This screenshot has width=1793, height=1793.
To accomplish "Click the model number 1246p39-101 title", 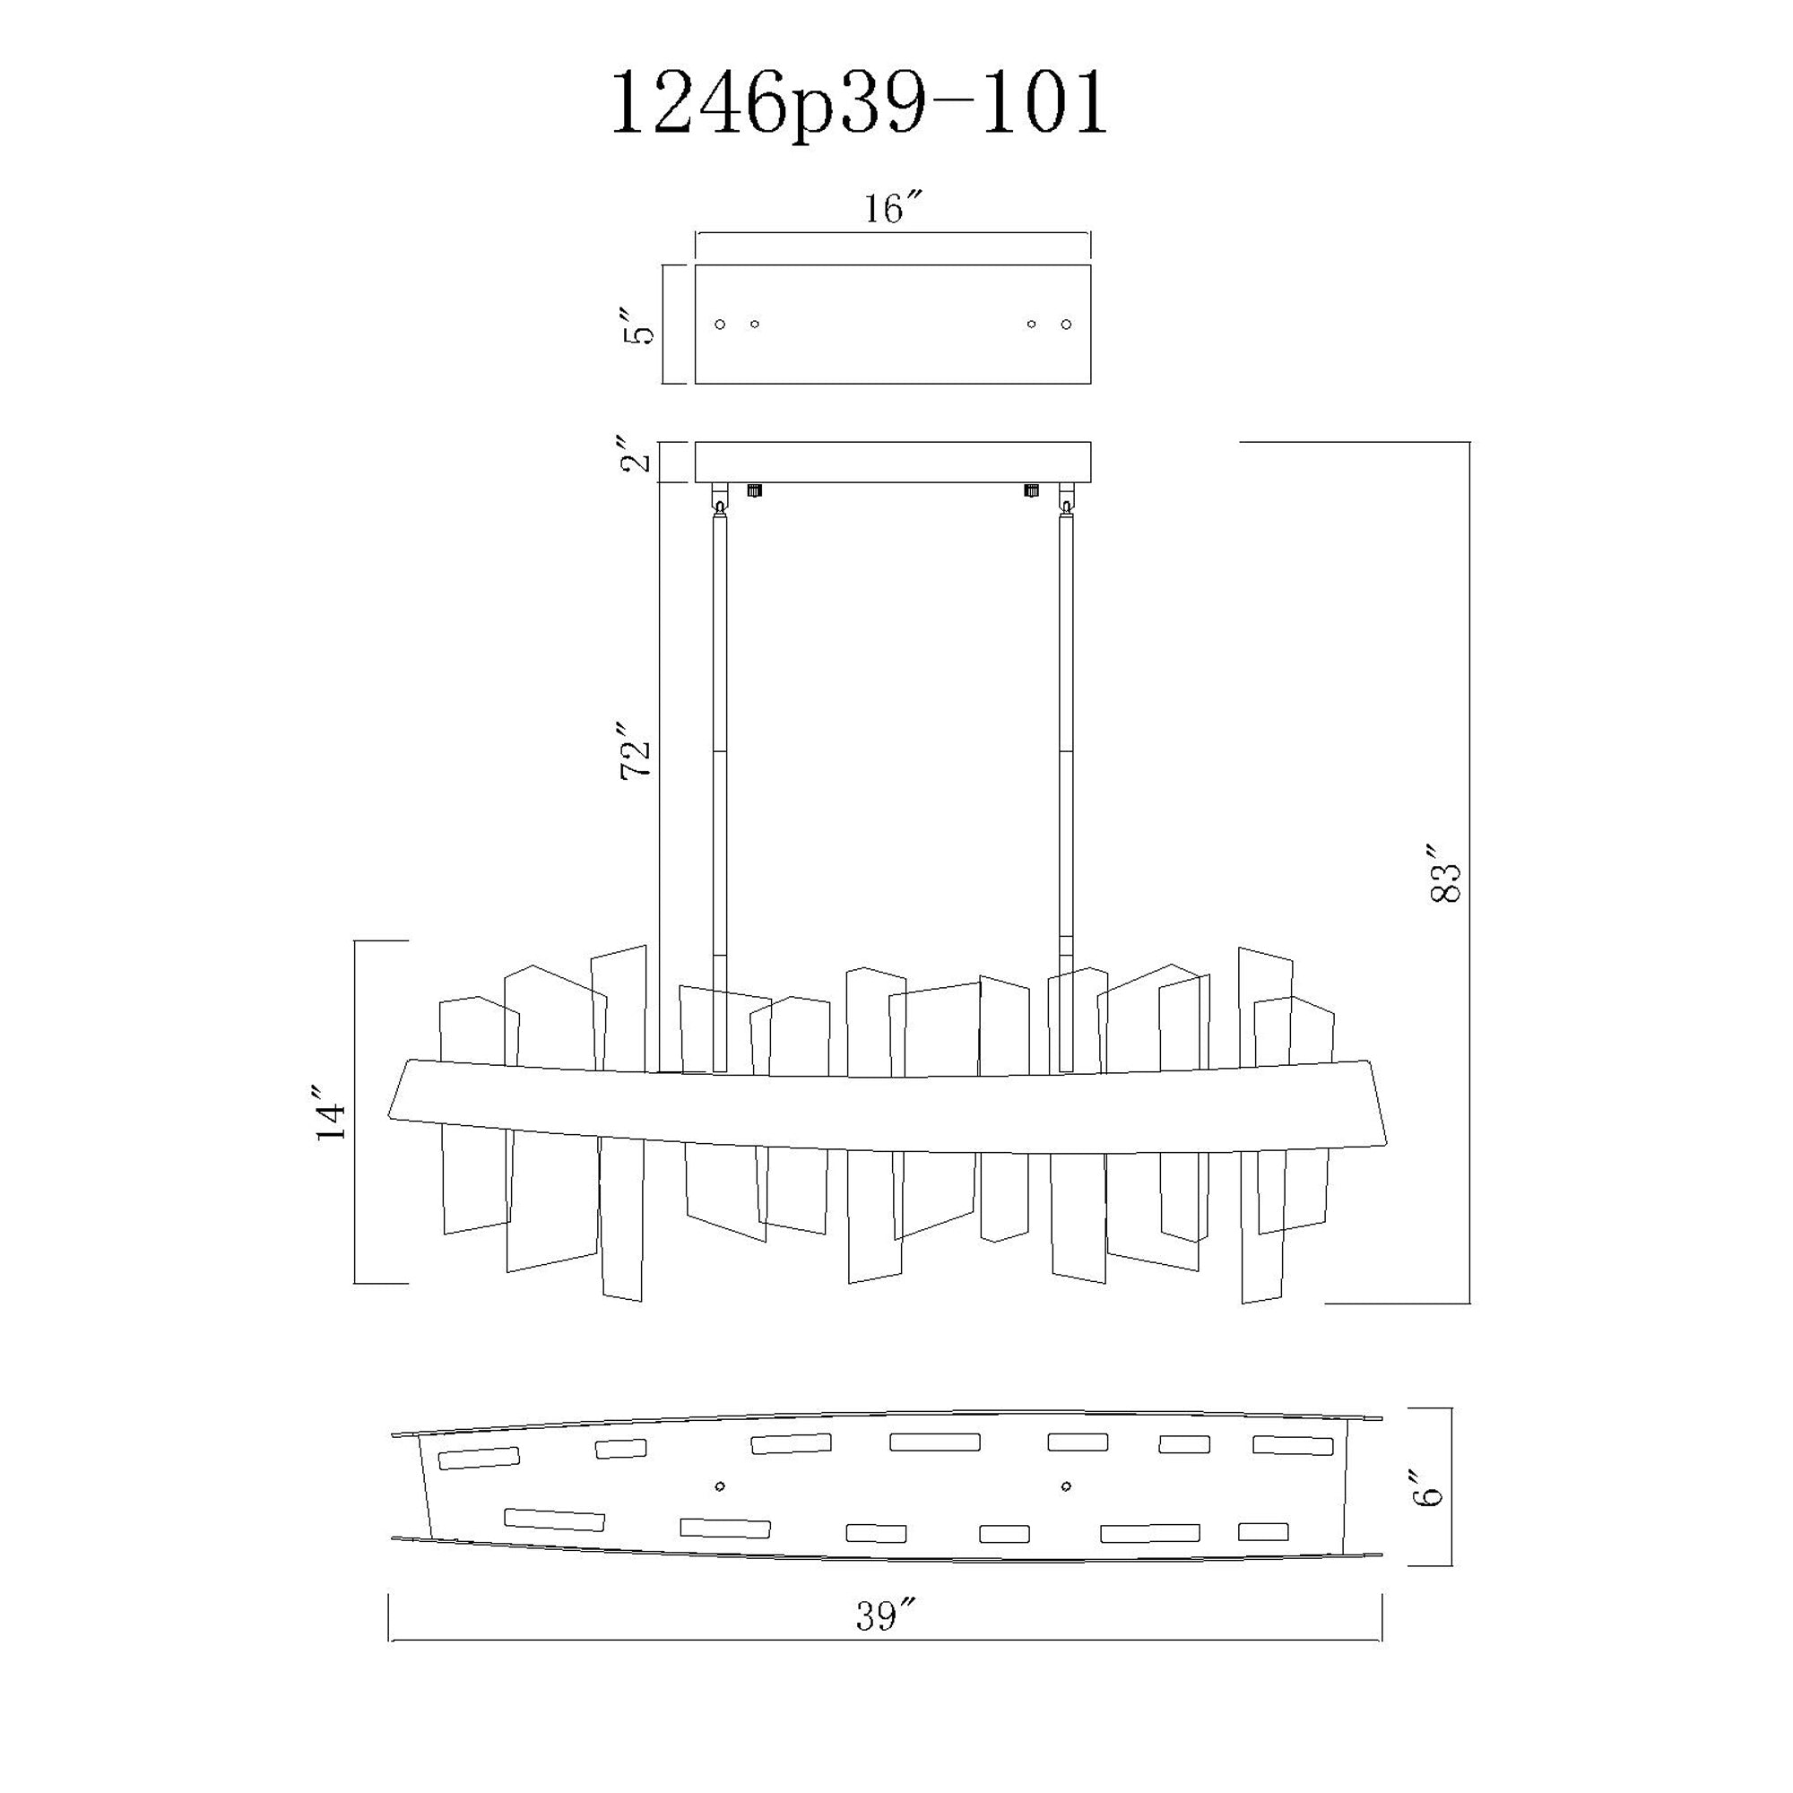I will (858, 105).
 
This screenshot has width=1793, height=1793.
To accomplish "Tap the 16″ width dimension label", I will (894, 209).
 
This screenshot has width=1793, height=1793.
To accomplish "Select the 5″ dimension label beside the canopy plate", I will (639, 323).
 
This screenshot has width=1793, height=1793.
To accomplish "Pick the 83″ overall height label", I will (1446, 873).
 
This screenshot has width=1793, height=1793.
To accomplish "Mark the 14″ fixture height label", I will (332, 1111).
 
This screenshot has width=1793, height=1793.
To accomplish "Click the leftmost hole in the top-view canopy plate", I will (720, 324).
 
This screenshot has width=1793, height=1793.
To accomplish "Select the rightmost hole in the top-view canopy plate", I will (1066, 324).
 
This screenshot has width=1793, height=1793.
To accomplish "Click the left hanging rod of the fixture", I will (720, 789).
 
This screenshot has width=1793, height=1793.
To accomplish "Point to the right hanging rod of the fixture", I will (1066, 789).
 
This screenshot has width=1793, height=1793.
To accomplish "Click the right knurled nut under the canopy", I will (1030, 490).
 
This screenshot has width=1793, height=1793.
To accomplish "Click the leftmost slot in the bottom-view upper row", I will (478, 1458).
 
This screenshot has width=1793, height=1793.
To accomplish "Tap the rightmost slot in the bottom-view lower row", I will (1263, 1531).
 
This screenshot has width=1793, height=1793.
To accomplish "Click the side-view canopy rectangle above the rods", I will (893, 463).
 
